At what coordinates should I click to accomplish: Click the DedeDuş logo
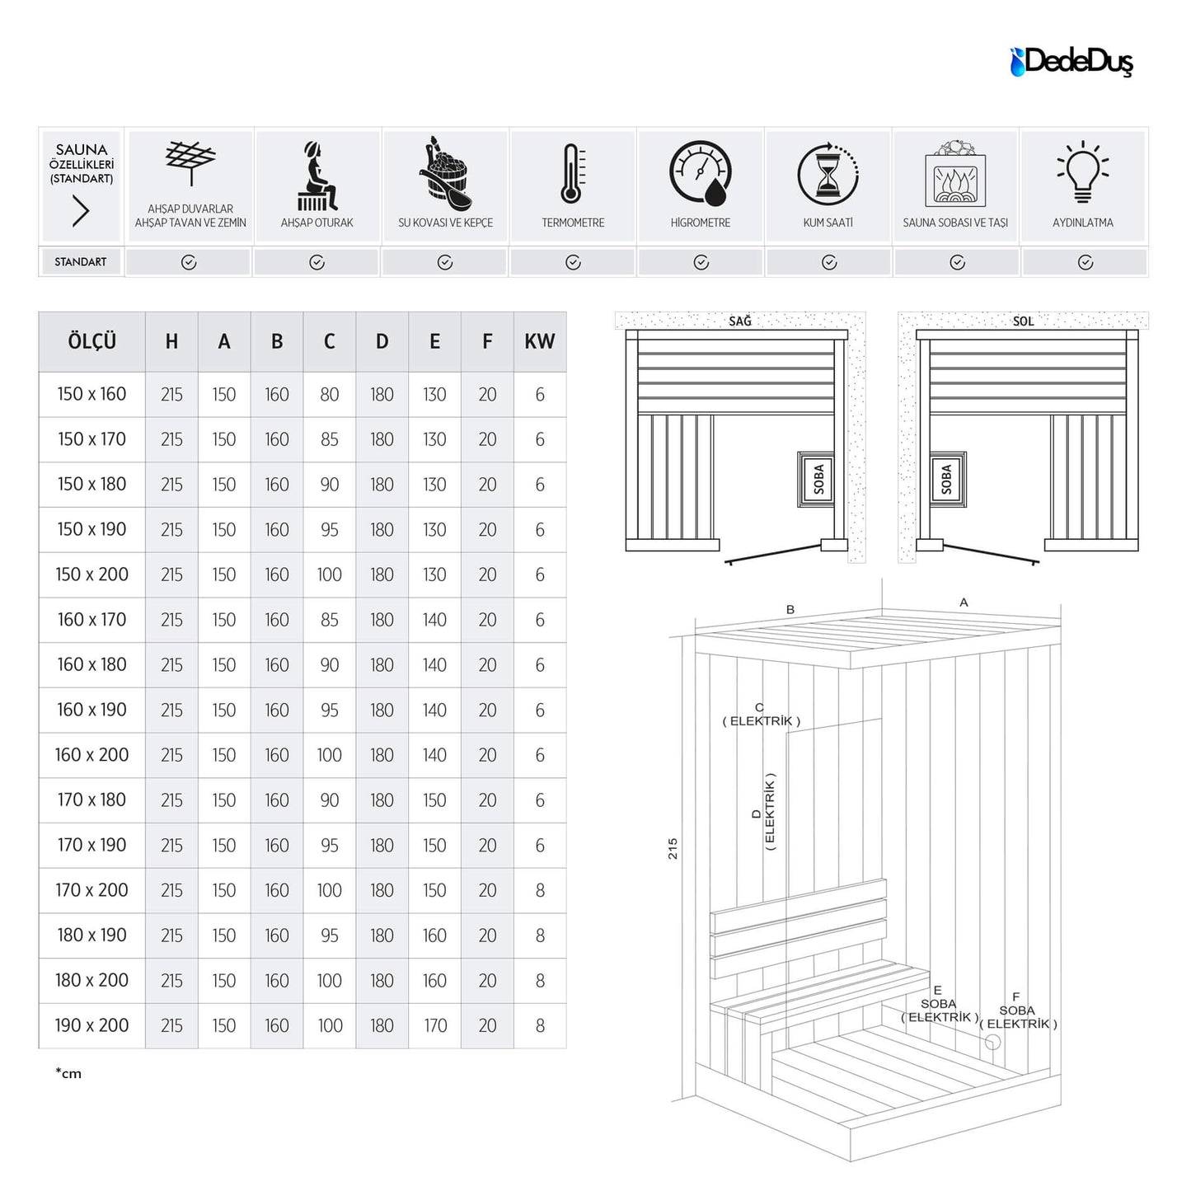tap(1071, 63)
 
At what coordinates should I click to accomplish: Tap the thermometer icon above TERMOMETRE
tap(572, 174)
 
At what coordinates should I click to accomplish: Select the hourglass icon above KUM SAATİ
tap(828, 174)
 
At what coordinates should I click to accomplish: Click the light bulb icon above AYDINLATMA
tap(1082, 171)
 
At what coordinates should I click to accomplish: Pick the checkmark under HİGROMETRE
tap(701, 263)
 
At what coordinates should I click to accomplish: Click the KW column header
tap(540, 341)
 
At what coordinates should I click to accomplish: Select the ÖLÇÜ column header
tap(92, 341)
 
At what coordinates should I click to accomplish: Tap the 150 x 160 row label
tap(92, 394)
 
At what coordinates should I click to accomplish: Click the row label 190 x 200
tap(92, 1025)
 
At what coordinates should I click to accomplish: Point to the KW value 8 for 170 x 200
tap(540, 890)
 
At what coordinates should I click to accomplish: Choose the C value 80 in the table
tap(330, 394)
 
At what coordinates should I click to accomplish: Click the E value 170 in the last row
tap(435, 1026)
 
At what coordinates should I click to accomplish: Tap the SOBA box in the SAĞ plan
tap(816, 480)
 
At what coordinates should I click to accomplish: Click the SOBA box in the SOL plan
tap(948, 480)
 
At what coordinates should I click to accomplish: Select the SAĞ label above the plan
tap(740, 321)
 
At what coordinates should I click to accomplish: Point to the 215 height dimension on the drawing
tap(673, 848)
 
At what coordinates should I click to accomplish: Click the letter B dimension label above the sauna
tap(790, 609)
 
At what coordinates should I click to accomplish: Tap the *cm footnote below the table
tap(68, 1074)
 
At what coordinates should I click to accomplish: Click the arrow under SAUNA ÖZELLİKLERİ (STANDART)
tap(81, 211)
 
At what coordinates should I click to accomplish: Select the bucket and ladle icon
tap(444, 174)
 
